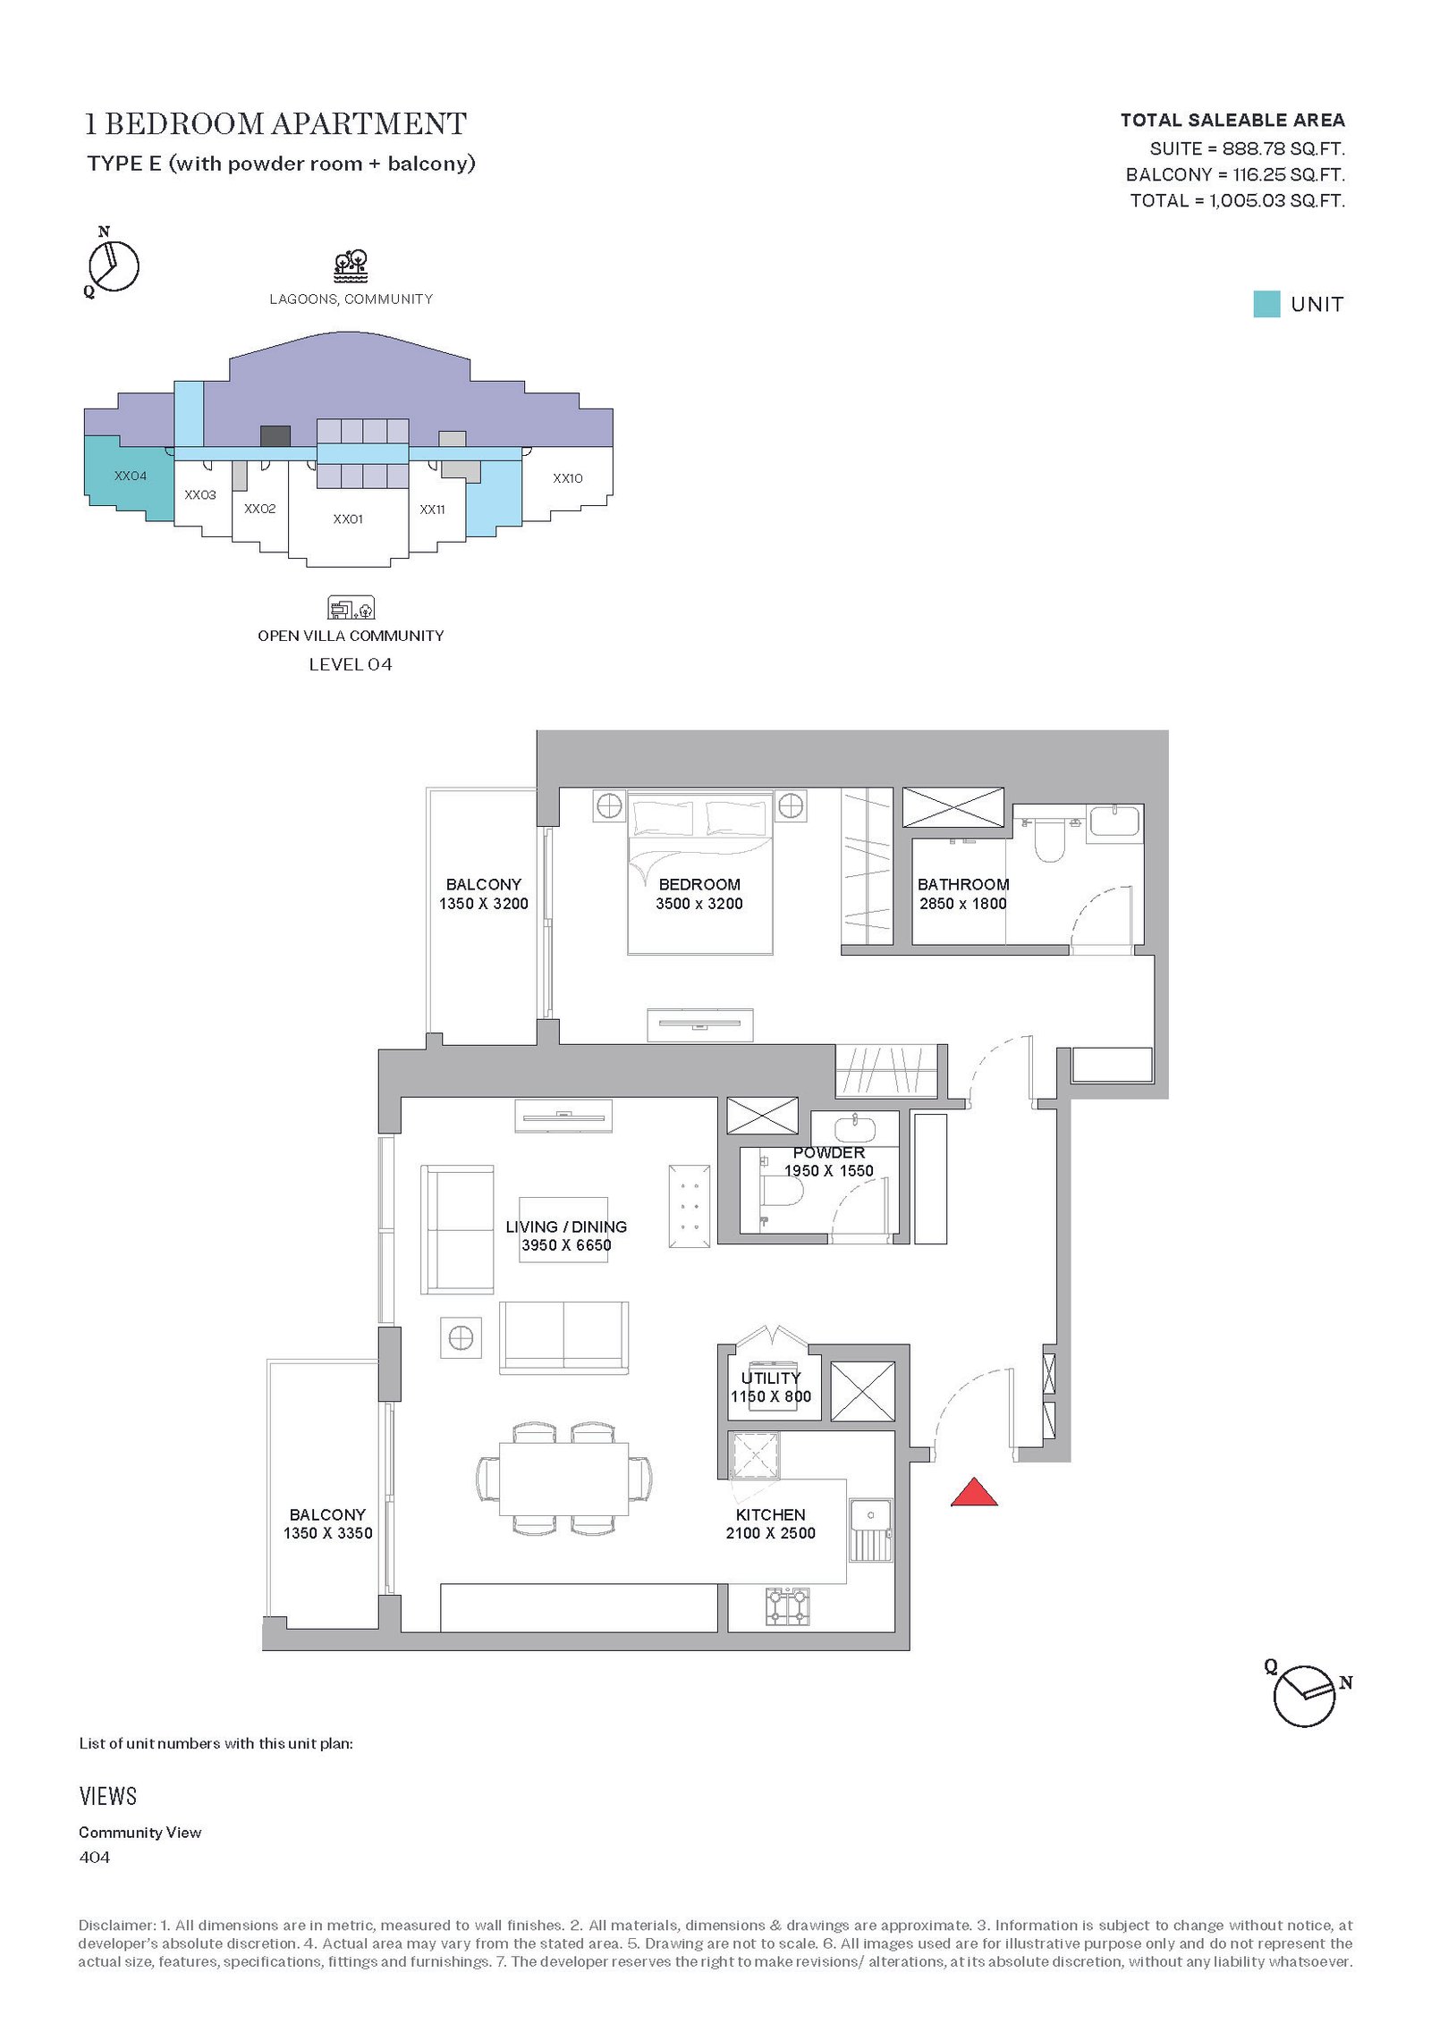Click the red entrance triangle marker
(x=974, y=1493)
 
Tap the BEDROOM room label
(x=699, y=884)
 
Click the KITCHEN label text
(x=770, y=1514)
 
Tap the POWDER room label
(x=828, y=1152)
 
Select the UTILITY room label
(x=771, y=1378)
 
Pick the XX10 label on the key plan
(x=567, y=478)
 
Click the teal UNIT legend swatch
(x=1266, y=304)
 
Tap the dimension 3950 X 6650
(x=566, y=1245)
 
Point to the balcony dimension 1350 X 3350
(x=327, y=1533)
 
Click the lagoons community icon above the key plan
(x=351, y=266)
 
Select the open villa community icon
(x=351, y=608)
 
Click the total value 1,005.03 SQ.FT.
(x=1277, y=200)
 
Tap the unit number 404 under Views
(x=94, y=1857)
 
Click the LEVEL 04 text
(x=351, y=664)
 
